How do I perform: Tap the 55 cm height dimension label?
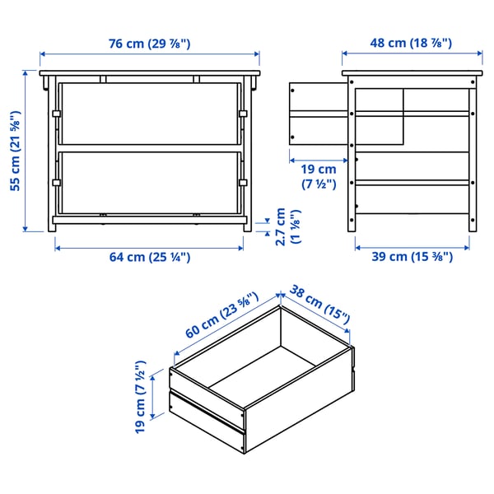(15, 151)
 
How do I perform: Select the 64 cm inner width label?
(150, 257)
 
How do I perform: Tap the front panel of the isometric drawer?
(207, 410)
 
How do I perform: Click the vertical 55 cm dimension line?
(27, 151)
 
